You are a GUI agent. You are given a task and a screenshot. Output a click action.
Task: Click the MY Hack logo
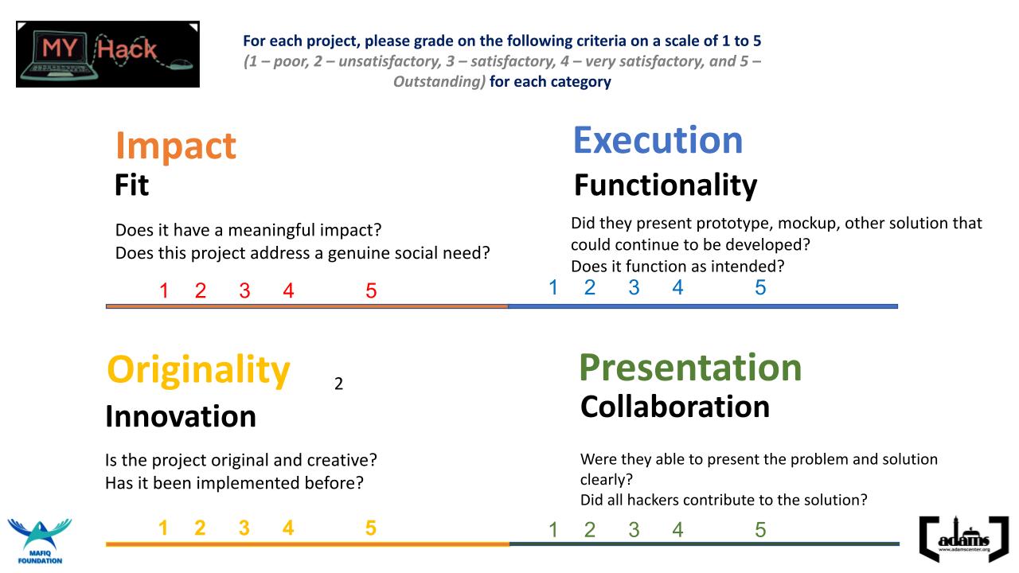(107, 54)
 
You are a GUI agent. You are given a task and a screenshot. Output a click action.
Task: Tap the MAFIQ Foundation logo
(40, 541)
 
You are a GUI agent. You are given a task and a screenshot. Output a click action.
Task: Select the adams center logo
(964, 539)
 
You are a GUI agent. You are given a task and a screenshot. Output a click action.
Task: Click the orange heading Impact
(176, 146)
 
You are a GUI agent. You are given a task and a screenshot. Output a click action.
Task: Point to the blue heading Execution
(658, 140)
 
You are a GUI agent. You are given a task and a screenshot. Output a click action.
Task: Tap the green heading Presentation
(690, 368)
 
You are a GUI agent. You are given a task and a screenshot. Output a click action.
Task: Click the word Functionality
(666, 185)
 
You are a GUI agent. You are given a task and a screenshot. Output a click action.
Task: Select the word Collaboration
(675, 407)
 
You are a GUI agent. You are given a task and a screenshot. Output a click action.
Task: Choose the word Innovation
(181, 416)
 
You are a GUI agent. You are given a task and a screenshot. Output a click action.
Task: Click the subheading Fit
(131, 185)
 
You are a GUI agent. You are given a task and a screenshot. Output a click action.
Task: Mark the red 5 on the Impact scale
(371, 290)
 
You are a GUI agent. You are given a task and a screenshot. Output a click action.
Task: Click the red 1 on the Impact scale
(164, 290)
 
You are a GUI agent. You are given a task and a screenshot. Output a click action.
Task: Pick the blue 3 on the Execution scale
(634, 287)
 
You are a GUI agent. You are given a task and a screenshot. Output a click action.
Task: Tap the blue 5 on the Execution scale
(760, 287)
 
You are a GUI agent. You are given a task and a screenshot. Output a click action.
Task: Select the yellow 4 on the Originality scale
(288, 528)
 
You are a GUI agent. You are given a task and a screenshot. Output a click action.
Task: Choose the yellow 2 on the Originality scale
(200, 528)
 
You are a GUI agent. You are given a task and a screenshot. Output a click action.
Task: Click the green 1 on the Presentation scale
(553, 530)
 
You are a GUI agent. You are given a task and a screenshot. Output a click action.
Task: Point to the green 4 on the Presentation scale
(677, 530)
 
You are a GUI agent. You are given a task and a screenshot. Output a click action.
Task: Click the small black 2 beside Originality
(338, 384)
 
